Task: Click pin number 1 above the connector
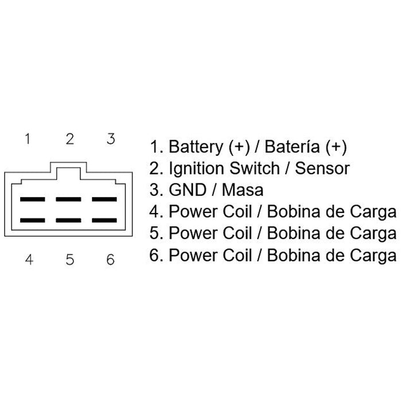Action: point(28,139)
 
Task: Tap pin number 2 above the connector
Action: point(69,139)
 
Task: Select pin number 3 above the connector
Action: point(111,139)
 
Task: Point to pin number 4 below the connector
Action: point(29,260)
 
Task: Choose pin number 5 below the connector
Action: point(70,260)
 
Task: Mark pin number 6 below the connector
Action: point(110,260)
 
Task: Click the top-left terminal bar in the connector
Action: point(33,199)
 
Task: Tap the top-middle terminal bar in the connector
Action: point(68,199)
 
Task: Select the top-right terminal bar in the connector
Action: point(105,199)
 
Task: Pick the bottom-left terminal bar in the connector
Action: point(33,220)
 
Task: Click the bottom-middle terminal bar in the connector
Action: point(68,220)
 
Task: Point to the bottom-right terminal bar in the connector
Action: point(105,220)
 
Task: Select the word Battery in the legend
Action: point(196,147)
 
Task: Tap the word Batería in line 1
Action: point(292,146)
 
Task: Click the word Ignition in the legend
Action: point(196,169)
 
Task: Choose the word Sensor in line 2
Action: point(322,168)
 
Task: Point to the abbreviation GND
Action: point(188,190)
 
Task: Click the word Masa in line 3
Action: point(242,190)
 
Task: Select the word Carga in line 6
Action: point(373,256)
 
